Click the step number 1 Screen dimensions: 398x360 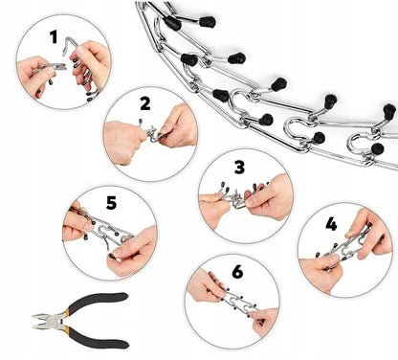[x=54, y=36]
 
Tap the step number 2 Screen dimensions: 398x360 [x=145, y=103]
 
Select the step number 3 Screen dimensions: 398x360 [x=239, y=167]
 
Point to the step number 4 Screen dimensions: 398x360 [x=331, y=224]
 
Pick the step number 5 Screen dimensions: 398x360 [x=111, y=203]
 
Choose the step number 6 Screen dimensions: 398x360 [x=237, y=272]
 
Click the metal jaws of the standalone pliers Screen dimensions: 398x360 [x=44, y=321]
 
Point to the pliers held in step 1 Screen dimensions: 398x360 [x=53, y=67]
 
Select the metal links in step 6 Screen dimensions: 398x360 [x=234, y=299]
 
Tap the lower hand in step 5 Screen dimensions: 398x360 [x=132, y=252]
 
